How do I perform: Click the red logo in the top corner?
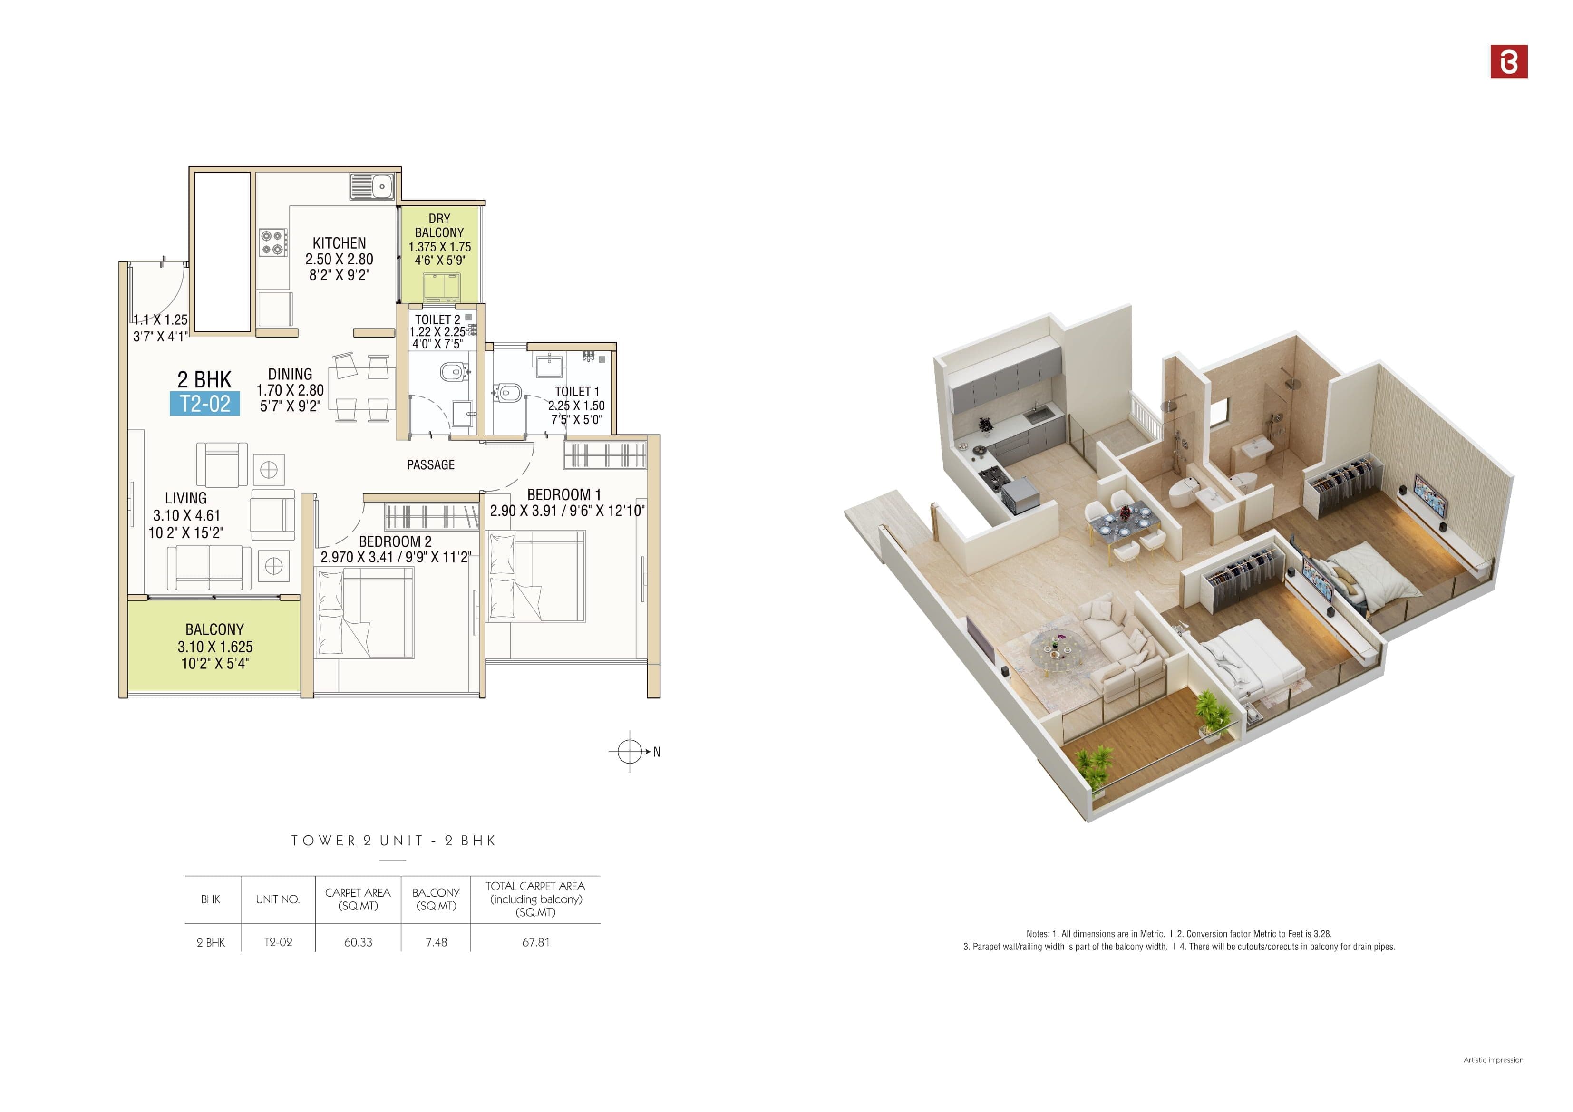coord(1509,62)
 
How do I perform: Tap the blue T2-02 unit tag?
coord(205,404)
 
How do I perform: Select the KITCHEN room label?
coord(339,243)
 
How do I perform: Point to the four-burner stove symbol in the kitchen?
coord(272,242)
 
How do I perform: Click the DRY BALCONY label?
coord(439,225)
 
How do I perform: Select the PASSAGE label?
coord(430,464)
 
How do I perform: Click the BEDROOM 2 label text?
coord(395,541)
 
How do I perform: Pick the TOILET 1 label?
coord(577,391)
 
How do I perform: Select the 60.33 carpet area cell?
coord(358,942)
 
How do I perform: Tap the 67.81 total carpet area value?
coord(536,942)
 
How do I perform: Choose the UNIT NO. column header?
coord(278,899)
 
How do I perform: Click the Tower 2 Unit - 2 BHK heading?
coord(393,841)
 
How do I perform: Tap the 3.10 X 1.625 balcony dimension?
coord(215,647)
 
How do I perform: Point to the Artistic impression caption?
coord(1493,1060)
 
